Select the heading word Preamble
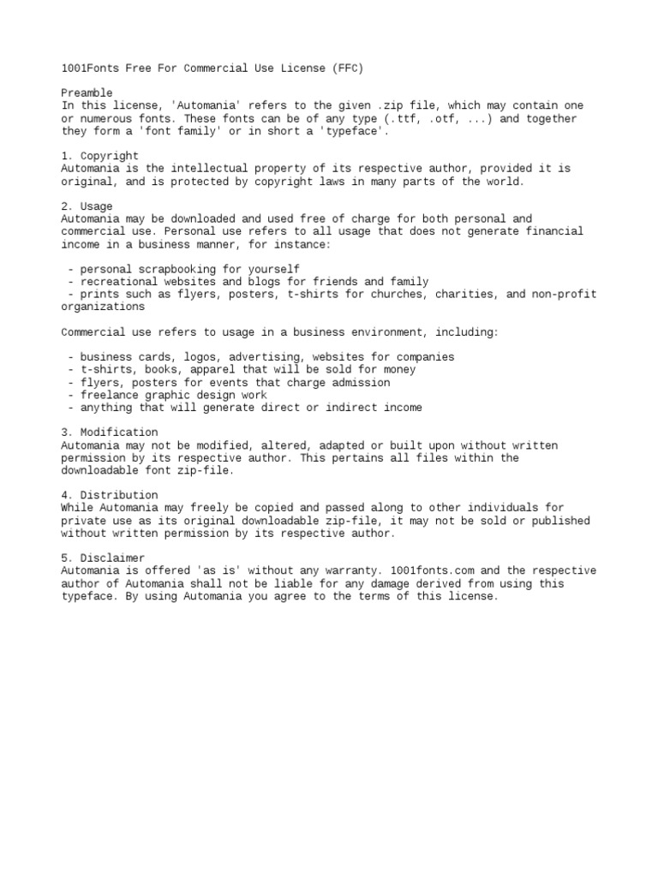(87, 92)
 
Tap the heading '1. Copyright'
(99, 156)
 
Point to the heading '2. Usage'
(87, 206)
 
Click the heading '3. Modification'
(109, 433)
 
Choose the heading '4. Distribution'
(109, 495)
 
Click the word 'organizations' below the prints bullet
(103, 307)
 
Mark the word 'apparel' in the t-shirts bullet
(219, 370)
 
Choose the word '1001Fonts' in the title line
(90, 68)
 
